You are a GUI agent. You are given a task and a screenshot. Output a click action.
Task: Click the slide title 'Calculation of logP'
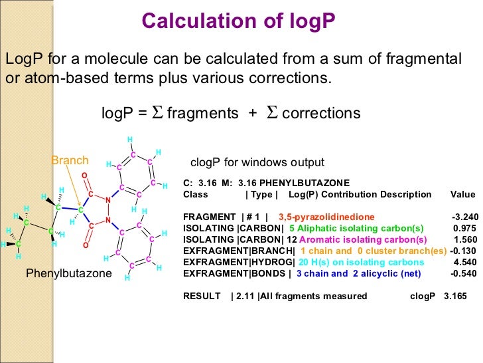[x=240, y=21]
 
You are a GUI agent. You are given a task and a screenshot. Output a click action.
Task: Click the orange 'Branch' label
[x=70, y=160]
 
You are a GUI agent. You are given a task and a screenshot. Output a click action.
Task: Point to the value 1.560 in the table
[x=465, y=239]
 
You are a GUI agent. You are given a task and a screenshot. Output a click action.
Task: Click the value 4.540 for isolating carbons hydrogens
[x=465, y=262]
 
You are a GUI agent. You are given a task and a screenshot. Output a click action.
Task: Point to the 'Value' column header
[x=462, y=195]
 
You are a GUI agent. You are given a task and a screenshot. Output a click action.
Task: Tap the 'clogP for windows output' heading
[x=257, y=162]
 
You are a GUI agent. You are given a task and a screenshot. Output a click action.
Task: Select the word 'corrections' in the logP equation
[x=321, y=113]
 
